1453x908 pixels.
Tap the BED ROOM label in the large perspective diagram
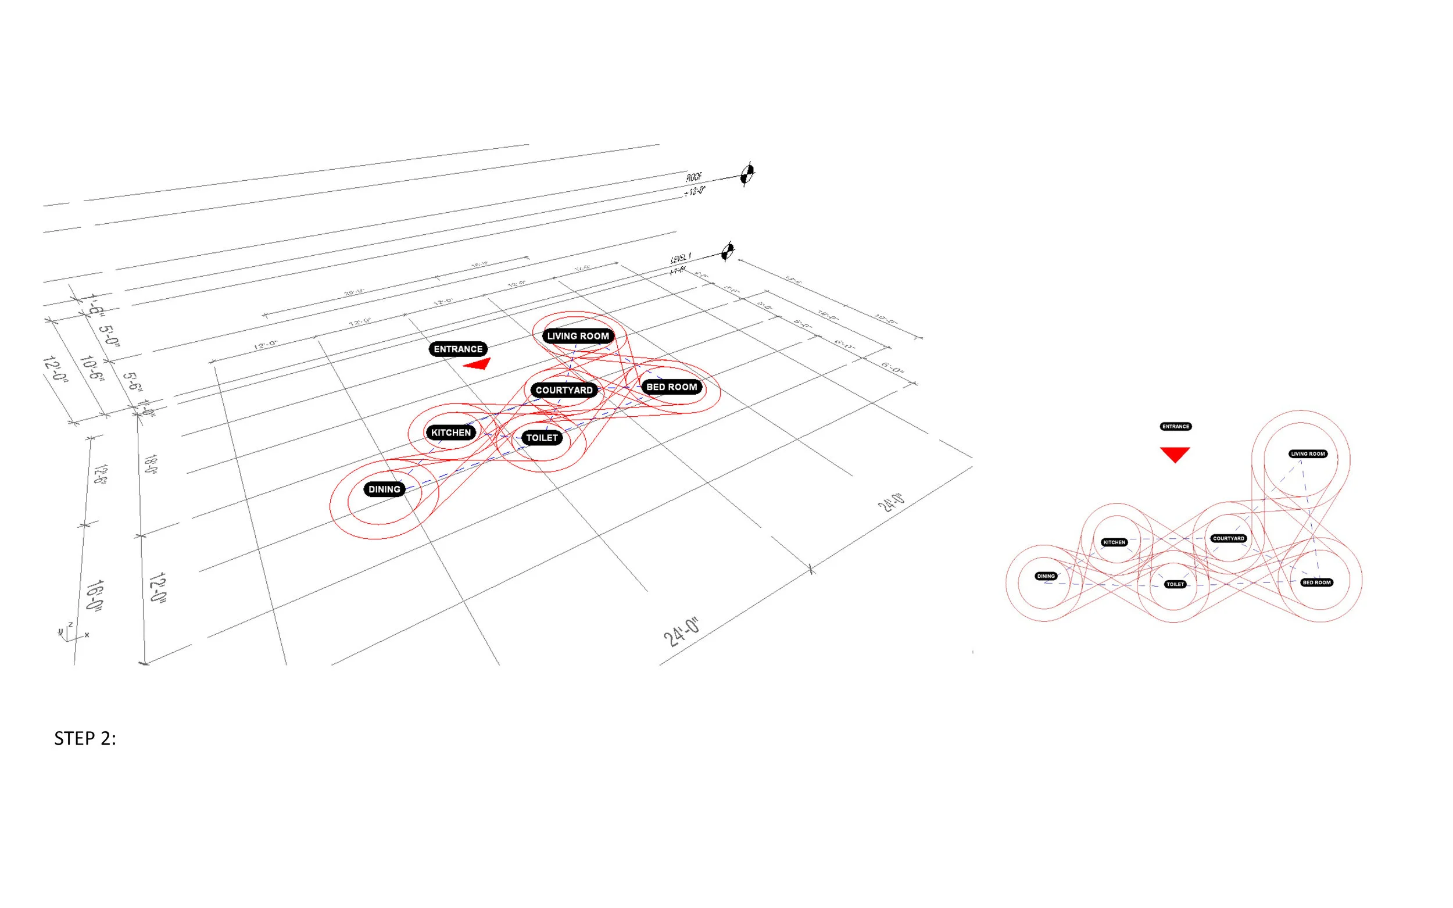[671, 387]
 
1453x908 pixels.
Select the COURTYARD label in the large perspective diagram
[564, 389]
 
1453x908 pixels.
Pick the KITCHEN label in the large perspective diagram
[451, 432]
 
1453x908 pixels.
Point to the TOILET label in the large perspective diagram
[542, 438]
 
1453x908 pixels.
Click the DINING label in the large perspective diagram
[384, 489]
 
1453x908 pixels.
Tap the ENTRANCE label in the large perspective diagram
[457, 349]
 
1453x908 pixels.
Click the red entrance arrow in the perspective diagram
[479, 364]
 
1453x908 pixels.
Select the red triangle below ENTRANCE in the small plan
[1175, 453]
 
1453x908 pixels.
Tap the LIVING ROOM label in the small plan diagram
[1308, 454]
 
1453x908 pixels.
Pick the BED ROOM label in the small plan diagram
[1316, 582]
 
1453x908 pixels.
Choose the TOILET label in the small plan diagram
[1175, 584]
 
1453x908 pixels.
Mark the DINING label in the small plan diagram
[1046, 576]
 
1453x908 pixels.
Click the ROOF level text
[694, 177]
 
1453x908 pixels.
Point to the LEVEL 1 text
[681, 258]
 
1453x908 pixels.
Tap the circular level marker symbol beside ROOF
[747, 175]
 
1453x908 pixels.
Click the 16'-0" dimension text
[95, 595]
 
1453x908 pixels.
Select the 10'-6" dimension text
[91, 369]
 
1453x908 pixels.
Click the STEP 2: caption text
[85, 738]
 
